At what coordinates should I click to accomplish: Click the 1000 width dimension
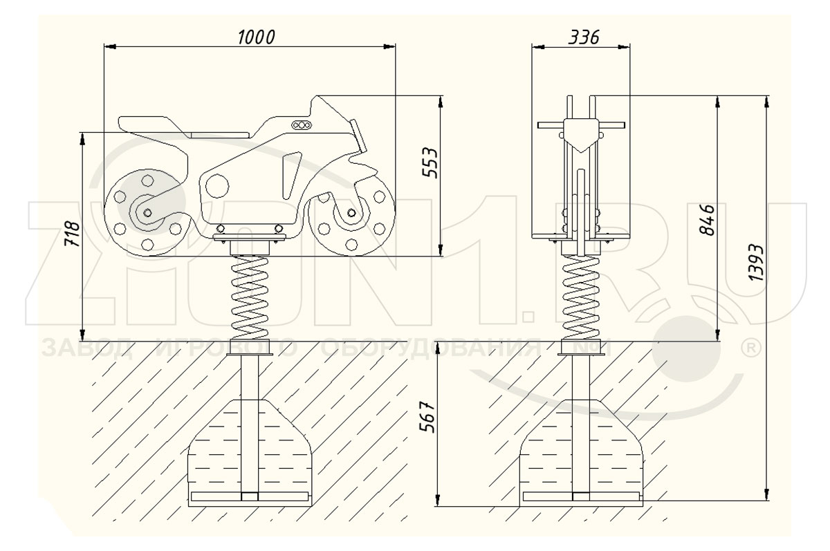click(256, 37)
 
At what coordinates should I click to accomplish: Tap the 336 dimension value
click(584, 37)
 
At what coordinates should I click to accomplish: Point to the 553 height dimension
click(430, 163)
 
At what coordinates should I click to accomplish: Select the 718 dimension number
click(71, 234)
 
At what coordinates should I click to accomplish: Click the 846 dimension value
click(707, 220)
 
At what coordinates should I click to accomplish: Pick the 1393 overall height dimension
click(755, 262)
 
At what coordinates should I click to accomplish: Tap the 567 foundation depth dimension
click(427, 417)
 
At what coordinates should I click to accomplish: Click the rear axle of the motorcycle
click(147, 212)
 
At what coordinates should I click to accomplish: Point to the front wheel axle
click(351, 212)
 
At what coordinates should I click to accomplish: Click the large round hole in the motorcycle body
click(217, 185)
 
